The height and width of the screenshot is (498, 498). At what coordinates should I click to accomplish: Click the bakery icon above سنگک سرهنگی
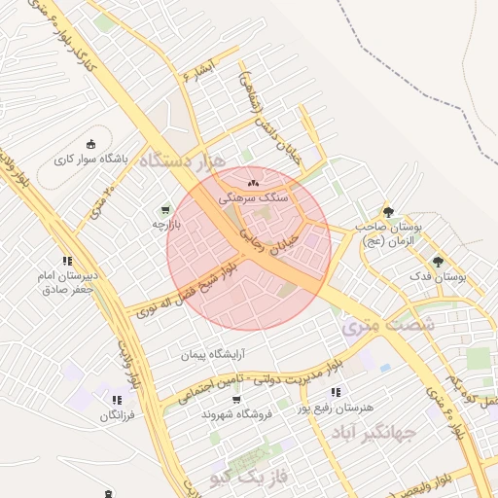(x=254, y=182)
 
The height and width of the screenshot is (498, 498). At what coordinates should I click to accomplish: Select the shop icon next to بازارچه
(x=164, y=208)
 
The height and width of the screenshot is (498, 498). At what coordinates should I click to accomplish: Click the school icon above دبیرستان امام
(x=67, y=261)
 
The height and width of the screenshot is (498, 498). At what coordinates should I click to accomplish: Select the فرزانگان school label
(x=116, y=416)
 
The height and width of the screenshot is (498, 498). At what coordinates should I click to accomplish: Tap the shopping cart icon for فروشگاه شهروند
(x=236, y=399)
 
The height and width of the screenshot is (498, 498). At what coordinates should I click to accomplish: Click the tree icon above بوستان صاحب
(x=388, y=211)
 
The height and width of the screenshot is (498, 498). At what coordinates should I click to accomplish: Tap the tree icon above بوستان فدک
(x=438, y=261)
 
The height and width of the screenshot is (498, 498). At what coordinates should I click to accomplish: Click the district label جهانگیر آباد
(x=374, y=432)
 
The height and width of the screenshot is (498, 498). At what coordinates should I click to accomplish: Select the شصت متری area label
(x=387, y=326)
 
